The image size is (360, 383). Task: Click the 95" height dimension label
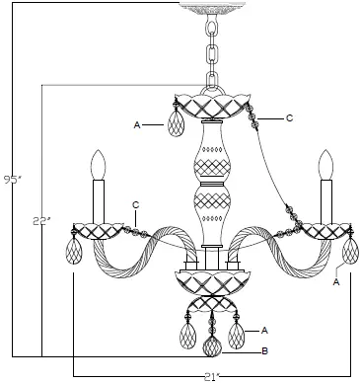pos(12,180)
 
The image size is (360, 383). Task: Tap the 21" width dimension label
pos(211,376)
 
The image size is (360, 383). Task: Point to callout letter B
pos(263,350)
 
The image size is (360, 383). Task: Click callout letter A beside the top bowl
pos(138,125)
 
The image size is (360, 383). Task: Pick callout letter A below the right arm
pos(337,281)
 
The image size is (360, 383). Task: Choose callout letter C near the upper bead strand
pos(289,117)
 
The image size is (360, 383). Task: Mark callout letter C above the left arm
pos(135,205)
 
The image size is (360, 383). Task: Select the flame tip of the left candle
pos(97,163)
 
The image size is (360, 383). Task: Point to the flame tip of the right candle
pos(325,163)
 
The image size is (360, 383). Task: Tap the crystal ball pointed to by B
pos(211,346)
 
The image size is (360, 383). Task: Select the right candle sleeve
pos(325,202)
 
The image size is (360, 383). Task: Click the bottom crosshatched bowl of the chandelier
pos(211,284)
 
